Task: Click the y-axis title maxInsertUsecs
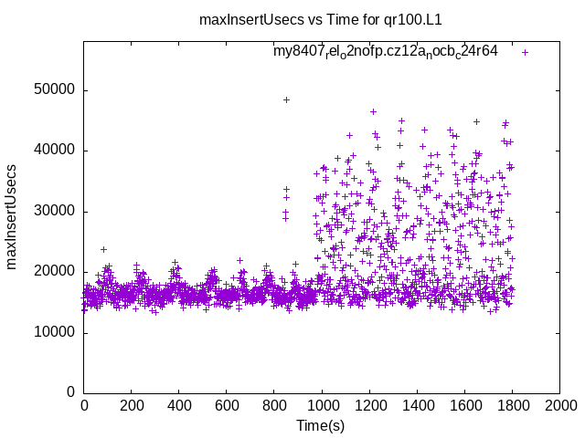click(x=12, y=217)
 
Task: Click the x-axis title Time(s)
click(x=320, y=425)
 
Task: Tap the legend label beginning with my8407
click(x=385, y=52)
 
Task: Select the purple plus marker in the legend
click(x=525, y=52)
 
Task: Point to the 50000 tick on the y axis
click(x=55, y=90)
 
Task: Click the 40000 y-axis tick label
click(x=55, y=151)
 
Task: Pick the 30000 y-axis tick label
click(x=55, y=211)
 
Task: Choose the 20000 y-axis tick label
click(x=55, y=272)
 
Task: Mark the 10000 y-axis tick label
click(x=55, y=332)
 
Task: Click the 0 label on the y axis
click(x=71, y=392)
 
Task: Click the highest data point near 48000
click(x=286, y=99)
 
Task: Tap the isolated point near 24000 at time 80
click(x=103, y=249)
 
